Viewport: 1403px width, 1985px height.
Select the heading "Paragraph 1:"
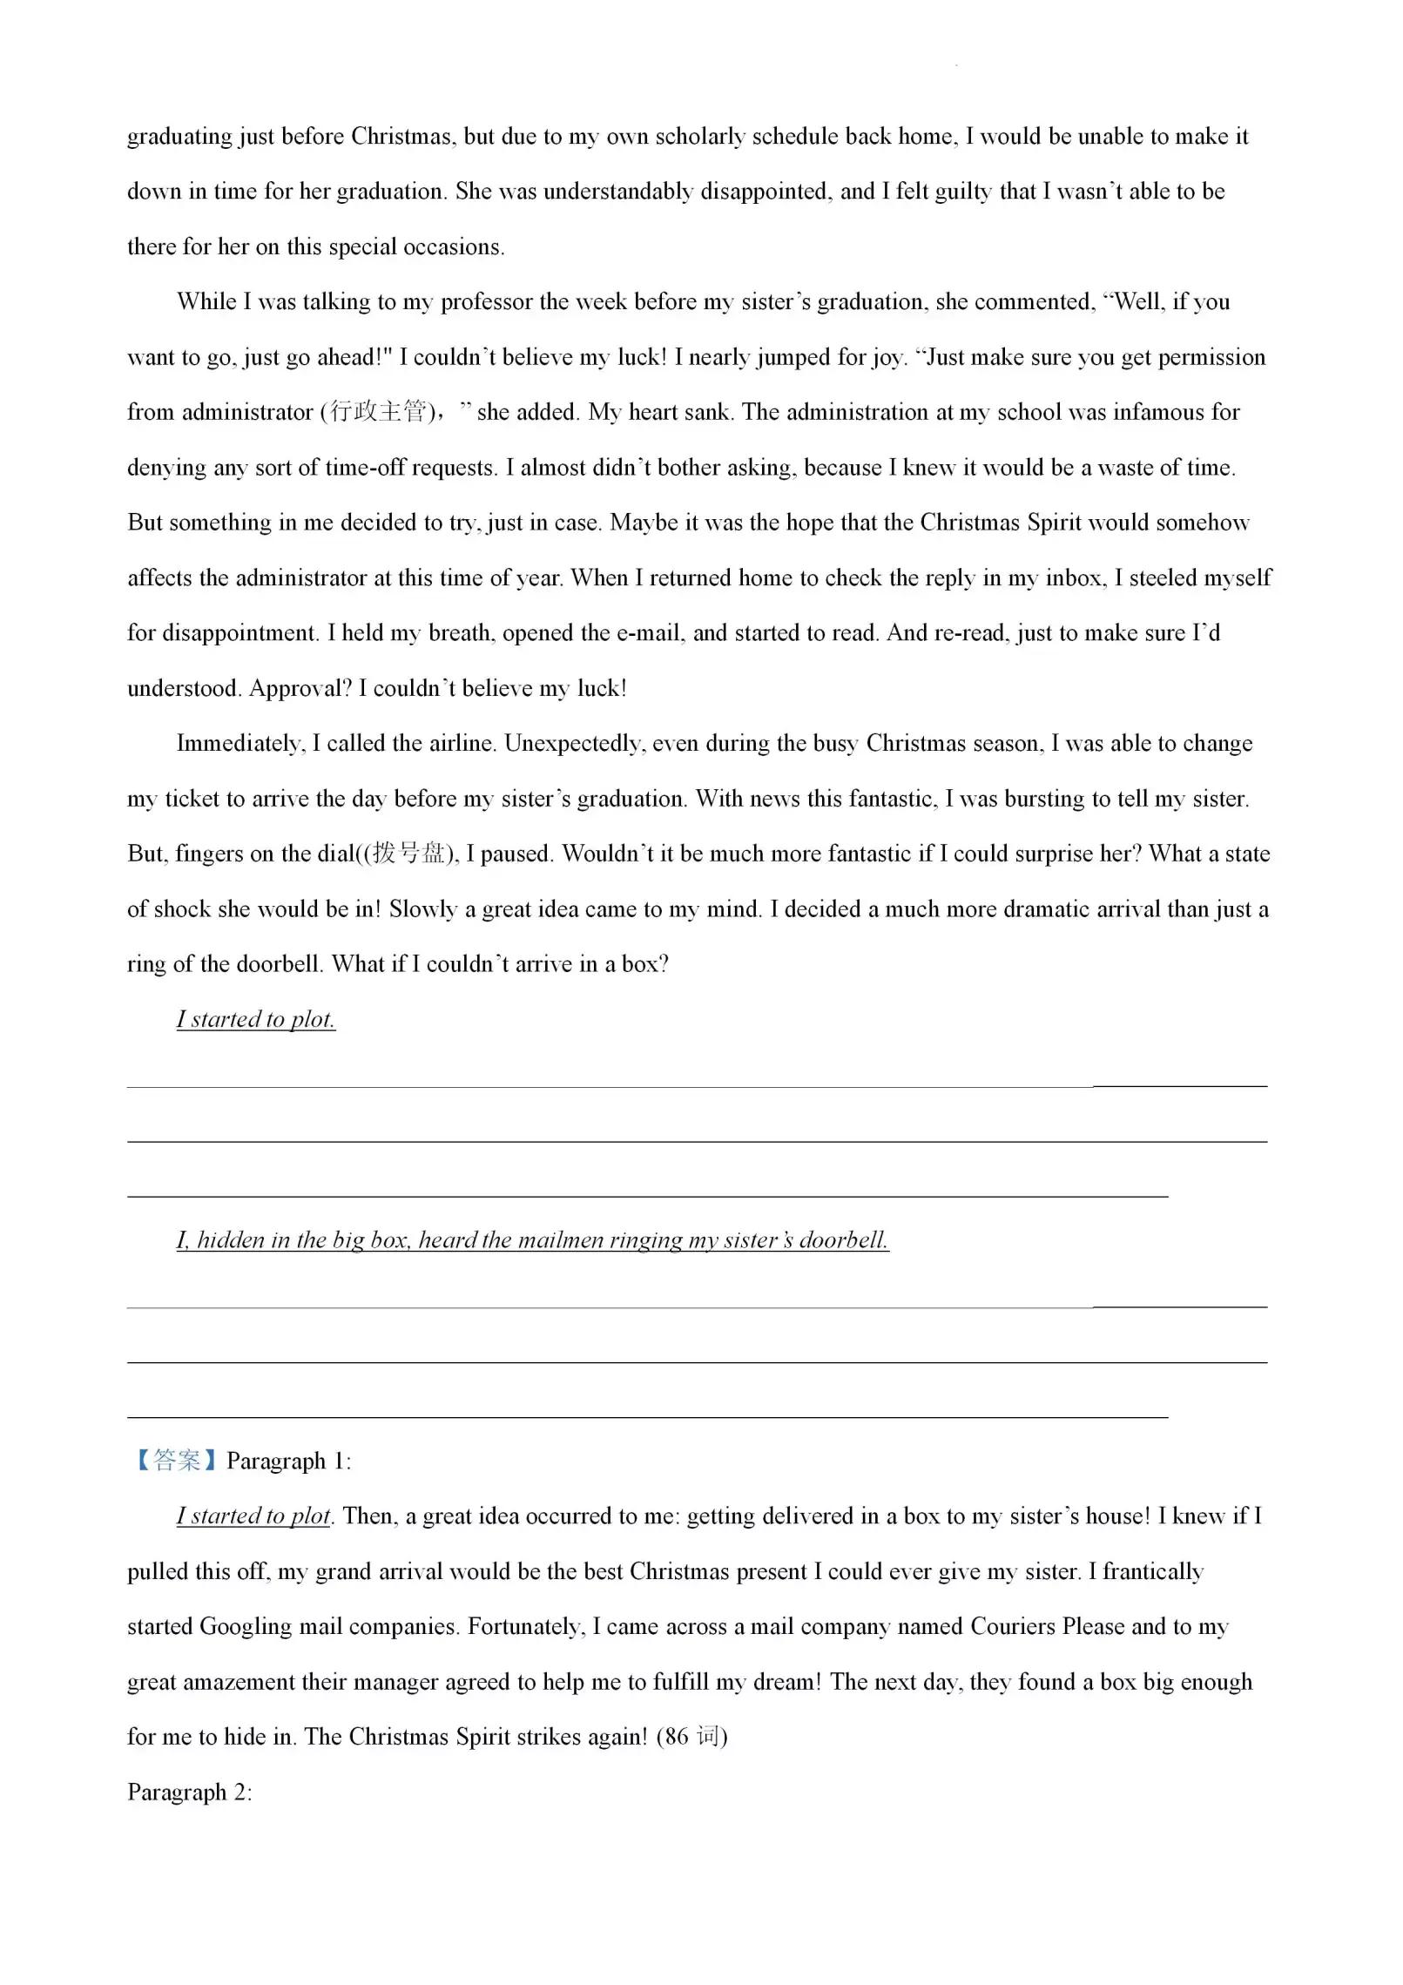(x=289, y=1461)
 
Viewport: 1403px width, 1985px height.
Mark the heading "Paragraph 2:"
(x=190, y=1792)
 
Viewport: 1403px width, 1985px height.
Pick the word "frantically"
(x=1152, y=1571)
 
